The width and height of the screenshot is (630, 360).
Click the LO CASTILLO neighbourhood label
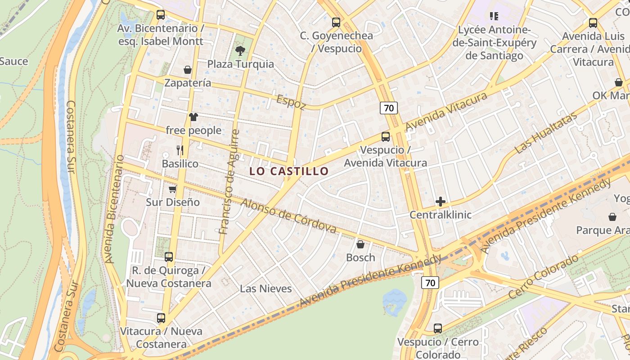[289, 171]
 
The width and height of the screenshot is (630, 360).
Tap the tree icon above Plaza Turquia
[240, 50]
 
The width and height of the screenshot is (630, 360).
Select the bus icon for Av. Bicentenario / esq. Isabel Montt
[161, 15]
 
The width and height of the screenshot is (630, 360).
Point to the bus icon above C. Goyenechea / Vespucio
[336, 22]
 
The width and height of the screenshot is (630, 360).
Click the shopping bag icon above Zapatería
[188, 70]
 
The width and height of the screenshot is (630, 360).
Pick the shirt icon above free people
[193, 117]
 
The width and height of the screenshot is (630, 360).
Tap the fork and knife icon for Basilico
[180, 150]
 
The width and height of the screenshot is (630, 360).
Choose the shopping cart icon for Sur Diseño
[172, 189]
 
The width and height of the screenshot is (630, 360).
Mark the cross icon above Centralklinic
[441, 202]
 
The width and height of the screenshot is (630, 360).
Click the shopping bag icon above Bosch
[360, 244]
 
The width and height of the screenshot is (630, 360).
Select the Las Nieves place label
[266, 288]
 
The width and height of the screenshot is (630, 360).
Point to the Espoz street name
[291, 102]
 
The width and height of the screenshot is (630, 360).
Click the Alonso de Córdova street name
[289, 216]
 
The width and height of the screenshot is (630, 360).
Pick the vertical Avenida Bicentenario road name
[114, 209]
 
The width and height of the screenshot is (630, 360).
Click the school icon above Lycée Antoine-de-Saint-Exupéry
[494, 16]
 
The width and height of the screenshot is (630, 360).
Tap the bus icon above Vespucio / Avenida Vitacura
[386, 137]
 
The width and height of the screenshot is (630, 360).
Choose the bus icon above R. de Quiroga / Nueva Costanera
[169, 257]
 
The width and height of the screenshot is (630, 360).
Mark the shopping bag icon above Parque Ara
[612, 217]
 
